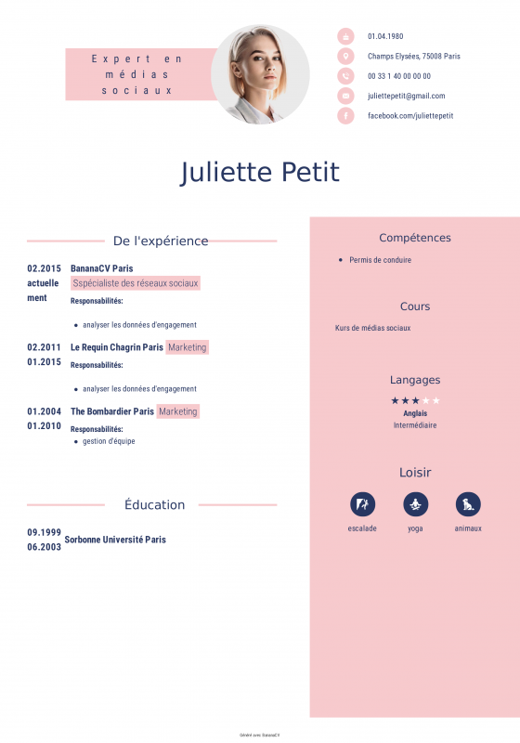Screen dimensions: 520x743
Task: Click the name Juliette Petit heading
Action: pos(260,173)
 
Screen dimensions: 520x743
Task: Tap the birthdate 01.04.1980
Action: pos(385,36)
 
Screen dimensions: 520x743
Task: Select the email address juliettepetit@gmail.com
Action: pos(406,96)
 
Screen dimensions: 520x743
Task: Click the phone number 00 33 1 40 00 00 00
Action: pos(398,76)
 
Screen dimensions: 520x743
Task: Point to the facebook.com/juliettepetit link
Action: pos(410,115)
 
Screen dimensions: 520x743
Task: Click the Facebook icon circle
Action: pos(345,115)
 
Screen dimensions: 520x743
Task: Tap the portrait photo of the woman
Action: pos(260,74)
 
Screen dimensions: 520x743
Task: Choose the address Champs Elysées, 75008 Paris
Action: pos(413,56)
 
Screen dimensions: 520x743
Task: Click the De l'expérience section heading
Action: pos(161,241)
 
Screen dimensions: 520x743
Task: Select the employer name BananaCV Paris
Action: pos(101,268)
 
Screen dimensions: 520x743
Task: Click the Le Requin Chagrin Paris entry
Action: pos(116,347)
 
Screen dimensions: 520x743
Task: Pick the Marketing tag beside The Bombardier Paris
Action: pos(178,411)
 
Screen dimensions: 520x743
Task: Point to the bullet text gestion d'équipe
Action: pos(109,441)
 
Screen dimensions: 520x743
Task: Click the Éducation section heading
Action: pos(154,505)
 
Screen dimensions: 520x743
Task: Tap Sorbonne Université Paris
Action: pos(115,540)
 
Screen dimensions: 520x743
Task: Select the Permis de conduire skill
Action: pos(380,260)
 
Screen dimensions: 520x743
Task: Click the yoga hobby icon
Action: pos(415,504)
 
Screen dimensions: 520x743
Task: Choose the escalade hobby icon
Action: pos(362,504)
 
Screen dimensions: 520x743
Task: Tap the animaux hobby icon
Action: pos(468,504)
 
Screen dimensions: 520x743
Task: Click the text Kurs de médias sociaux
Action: pos(372,328)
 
